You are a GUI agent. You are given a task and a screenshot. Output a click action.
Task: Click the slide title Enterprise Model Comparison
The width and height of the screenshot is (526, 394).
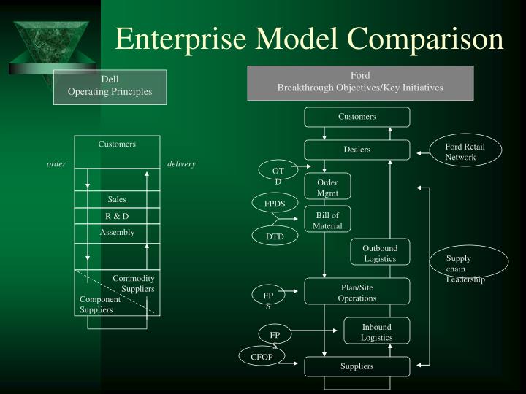pos(309,39)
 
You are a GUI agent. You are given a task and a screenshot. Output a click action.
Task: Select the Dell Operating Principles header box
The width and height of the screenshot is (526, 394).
pos(110,86)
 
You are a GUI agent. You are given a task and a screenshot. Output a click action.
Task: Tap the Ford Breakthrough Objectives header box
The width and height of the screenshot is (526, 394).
pos(359,82)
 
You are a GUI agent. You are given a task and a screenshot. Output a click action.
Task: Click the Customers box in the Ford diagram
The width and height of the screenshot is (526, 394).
pos(357,117)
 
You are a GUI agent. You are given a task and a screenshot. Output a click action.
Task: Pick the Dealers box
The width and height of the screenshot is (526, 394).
pos(357,150)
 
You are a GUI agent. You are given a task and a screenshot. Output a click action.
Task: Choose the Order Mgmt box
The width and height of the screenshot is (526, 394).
pos(327,187)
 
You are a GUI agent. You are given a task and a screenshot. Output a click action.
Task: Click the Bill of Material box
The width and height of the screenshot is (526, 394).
pos(327,220)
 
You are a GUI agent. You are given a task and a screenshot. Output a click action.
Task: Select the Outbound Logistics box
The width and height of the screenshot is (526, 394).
pos(380,253)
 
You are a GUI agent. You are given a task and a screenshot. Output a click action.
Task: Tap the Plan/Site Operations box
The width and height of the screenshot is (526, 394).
pos(357,292)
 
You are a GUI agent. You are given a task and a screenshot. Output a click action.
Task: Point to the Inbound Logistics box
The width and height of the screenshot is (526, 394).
pos(376,332)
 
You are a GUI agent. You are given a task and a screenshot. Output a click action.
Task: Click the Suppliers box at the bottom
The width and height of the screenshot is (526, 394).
pos(357,366)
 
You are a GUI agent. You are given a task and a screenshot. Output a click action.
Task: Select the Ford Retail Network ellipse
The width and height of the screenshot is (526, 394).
pos(466,152)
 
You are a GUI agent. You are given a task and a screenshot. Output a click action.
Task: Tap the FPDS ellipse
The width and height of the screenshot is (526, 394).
pos(275,204)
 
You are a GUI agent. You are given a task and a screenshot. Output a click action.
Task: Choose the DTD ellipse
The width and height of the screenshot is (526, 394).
pos(275,236)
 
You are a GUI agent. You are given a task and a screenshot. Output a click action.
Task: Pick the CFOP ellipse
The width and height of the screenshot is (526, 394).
pos(261,357)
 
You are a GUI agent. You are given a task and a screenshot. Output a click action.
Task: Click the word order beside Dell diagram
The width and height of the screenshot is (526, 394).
pos(56,163)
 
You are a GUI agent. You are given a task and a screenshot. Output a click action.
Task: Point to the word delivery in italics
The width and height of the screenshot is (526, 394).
pos(181,163)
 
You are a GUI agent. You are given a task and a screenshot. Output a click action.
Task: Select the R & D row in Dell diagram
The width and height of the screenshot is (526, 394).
pos(117,216)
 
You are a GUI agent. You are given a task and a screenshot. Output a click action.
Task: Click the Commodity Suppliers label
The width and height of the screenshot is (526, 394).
pos(134,284)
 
